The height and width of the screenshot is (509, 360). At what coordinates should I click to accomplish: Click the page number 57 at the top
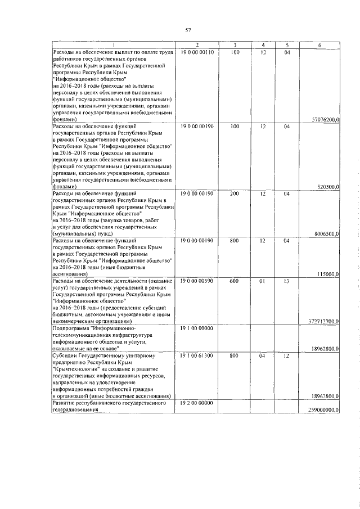click(x=188, y=30)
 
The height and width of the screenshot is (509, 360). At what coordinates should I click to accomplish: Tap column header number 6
click(x=319, y=46)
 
